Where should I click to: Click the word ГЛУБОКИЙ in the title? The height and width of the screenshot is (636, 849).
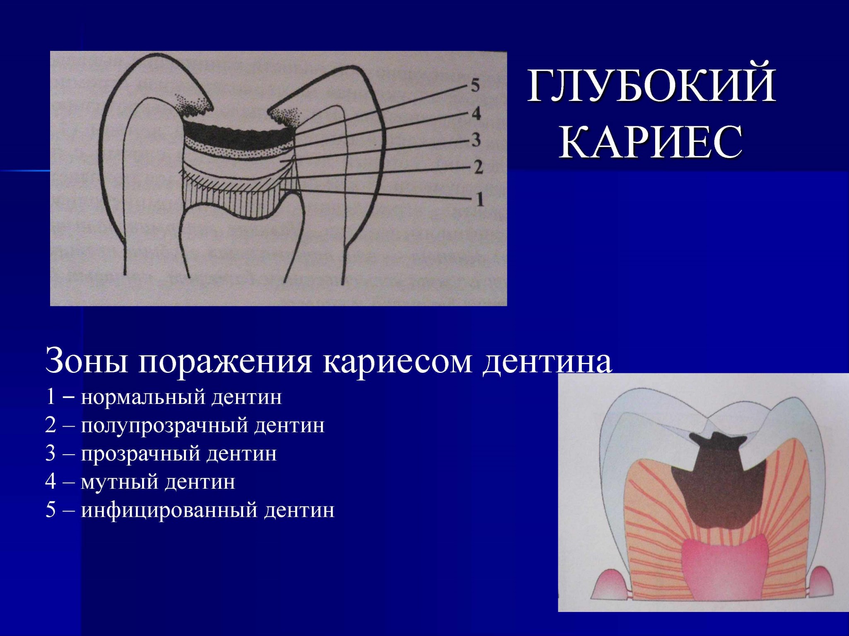[x=651, y=86]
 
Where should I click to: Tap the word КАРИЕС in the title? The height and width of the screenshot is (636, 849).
[x=651, y=142]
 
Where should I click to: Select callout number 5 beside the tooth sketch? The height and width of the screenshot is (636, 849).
[x=475, y=86]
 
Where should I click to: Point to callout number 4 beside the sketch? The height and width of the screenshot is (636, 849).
[x=476, y=113]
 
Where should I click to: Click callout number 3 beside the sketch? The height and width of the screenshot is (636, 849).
[x=476, y=140]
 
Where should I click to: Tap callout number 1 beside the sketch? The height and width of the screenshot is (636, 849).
[x=479, y=199]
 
